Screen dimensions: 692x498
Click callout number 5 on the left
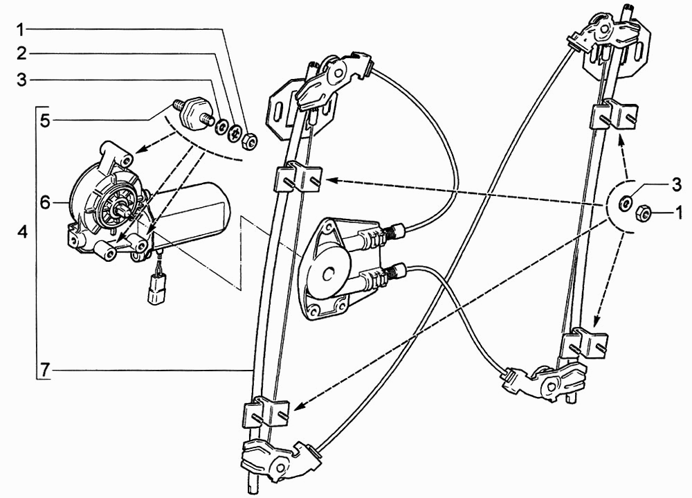click(x=46, y=121)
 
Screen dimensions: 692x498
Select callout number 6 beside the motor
click(x=46, y=203)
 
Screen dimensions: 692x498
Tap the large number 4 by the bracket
click(x=23, y=231)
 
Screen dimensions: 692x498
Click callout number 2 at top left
click(x=21, y=54)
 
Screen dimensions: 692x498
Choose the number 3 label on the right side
click(x=677, y=185)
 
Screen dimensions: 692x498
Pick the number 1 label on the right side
click(x=677, y=214)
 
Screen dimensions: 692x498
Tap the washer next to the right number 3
click(x=624, y=203)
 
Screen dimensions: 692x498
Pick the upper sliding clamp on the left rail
click(x=297, y=177)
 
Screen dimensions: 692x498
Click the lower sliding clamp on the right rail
click(x=585, y=342)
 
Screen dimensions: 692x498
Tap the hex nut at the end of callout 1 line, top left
click(x=248, y=141)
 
